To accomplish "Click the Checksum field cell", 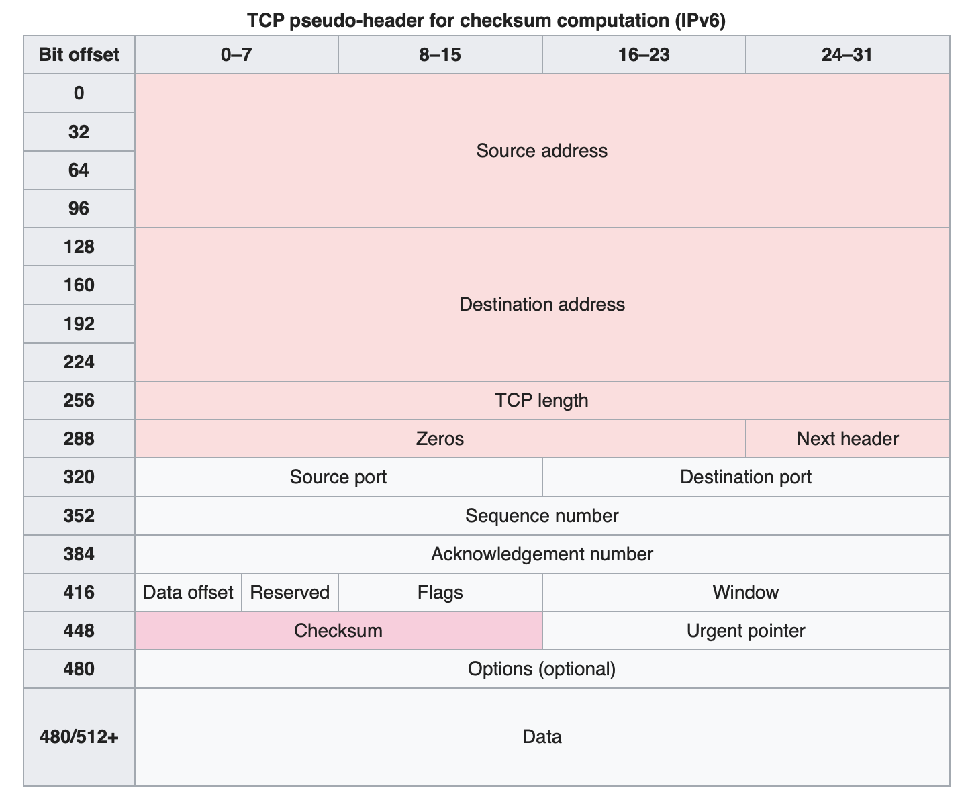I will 338,630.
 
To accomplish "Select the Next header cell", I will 847,438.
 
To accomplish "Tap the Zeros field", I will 440,438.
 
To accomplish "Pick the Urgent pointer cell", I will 745,630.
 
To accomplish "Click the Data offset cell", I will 188,592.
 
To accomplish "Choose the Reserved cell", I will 289,592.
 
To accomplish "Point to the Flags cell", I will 440,592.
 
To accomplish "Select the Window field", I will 745,592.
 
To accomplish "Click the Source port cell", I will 338,477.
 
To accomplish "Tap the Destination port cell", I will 745,477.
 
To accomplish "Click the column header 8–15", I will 440,54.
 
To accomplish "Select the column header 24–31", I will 847,54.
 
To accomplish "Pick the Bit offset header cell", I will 79,54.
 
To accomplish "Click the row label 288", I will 79,438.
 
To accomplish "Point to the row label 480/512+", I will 79,736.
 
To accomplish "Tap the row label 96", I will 79,208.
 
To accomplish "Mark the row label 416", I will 79,592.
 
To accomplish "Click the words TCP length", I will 542,400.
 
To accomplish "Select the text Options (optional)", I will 542,668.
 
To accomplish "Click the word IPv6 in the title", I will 700,20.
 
